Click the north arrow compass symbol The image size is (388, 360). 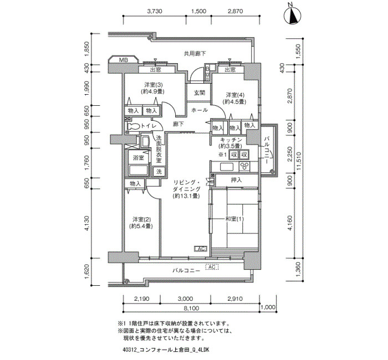point(292,16)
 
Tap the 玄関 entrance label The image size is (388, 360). point(199,93)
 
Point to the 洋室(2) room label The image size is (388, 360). point(141,219)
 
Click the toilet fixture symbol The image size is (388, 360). point(133,126)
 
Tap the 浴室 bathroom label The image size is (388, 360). point(139,158)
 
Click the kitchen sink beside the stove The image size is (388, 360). point(227,167)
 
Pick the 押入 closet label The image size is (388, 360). point(236,180)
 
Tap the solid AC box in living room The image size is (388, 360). point(201,249)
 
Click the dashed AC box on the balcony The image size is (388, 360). point(212,267)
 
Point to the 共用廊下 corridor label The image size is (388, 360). point(195,53)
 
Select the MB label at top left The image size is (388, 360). point(124,60)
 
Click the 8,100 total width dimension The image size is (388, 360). point(191,308)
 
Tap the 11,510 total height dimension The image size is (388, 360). point(300,161)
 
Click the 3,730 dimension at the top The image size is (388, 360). point(155,12)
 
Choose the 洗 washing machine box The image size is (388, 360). point(159,171)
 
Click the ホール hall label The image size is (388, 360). point(200,110)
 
